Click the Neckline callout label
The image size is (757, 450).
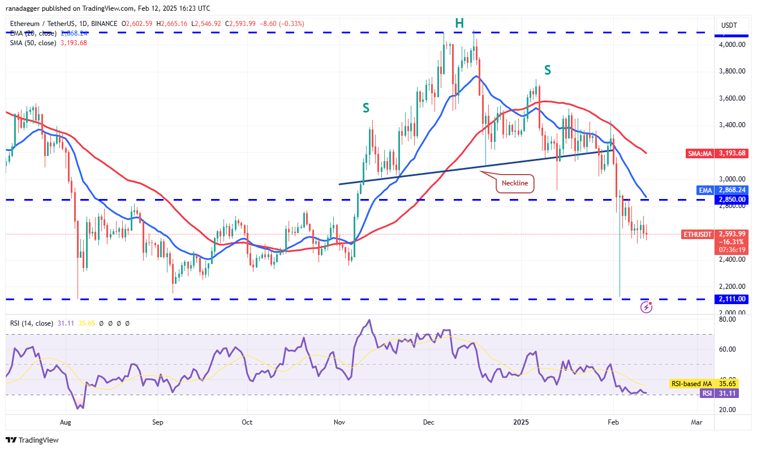tap(515, 183)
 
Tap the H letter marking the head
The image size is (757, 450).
tap(459, 23)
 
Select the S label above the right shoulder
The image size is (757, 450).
tap(548, 70)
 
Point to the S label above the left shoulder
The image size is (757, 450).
tap(367, 107)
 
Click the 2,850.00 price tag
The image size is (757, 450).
tap(733, 200)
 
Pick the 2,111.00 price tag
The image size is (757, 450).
tap(733, 299)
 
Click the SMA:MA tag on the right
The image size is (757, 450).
tap(699, 153)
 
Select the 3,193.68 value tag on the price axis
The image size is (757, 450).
tap(733, 153)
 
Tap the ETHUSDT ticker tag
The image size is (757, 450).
tap(697, 233)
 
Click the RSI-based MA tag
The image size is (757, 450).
tap(690, 384)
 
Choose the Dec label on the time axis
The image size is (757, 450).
tap(428, 422)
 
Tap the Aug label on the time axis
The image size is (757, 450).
tap(66, 422)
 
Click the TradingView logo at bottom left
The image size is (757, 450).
tap(32, 440)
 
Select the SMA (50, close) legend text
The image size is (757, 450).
tap(33, 43)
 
